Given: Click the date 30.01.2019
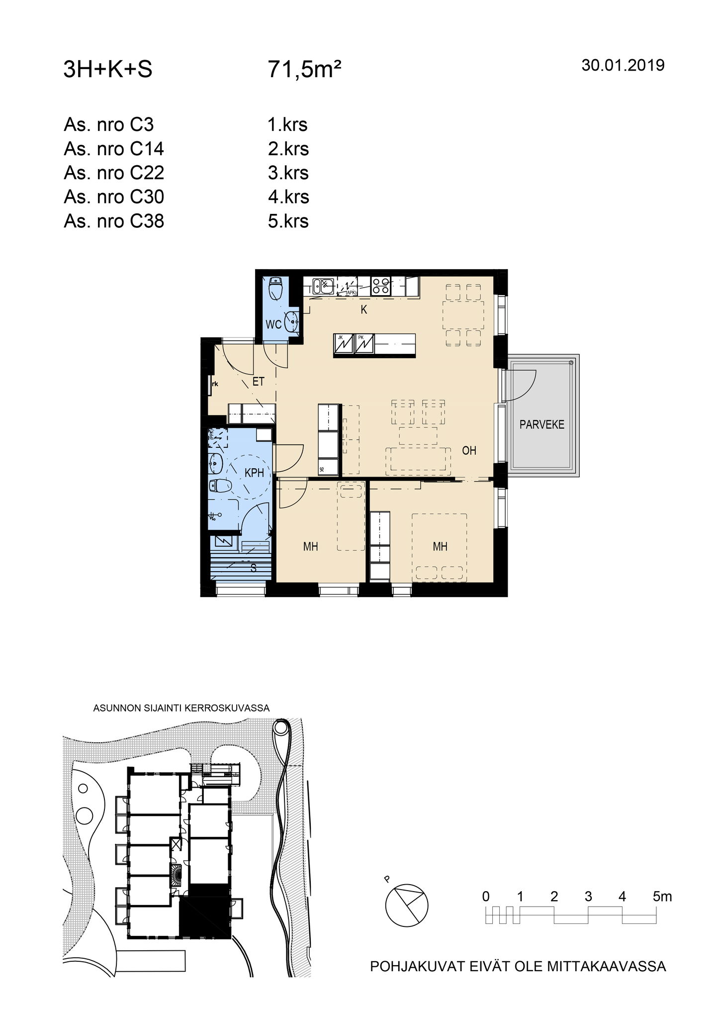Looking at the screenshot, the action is click(x=623, y=65).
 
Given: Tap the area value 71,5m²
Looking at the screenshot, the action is click(x=304, y=70).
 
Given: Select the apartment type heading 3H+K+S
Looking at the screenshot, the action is click(x=108, y=70).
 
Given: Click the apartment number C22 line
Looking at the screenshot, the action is click(x=114, y=173).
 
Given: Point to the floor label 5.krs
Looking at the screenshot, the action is click(x=288, y=221).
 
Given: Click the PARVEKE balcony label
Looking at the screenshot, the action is click(x=542, y=424).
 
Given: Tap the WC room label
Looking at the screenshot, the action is click(x=273, y=324).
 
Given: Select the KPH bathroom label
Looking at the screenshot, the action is click(x=254, y=473).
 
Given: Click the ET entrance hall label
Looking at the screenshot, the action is click(x=259, y=382).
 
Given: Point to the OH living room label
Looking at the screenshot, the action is click(x=469, y=450).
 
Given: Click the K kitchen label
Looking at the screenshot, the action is click(x=364, y=309).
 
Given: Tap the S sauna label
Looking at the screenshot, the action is click(x=254, y=568).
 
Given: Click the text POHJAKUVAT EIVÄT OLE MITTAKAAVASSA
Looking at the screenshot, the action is click(x=518, y=966).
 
